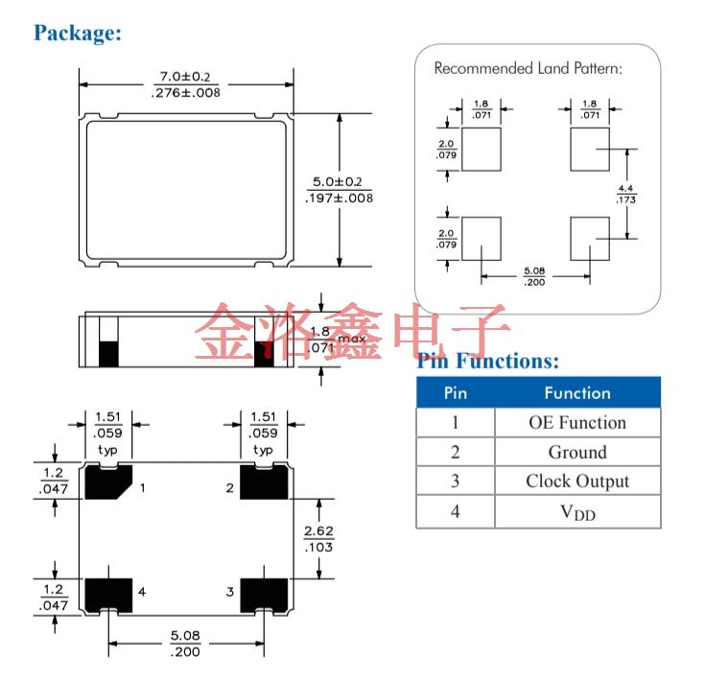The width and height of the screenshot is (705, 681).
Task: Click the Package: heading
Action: click(78, 33)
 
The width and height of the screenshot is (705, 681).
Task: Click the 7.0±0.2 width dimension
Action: click(186, 77)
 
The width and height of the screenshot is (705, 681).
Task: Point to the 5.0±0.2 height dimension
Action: click(339, 181)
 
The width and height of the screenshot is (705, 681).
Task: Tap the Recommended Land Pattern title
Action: click(529, 68)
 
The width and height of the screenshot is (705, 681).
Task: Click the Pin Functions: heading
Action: click(487, 361)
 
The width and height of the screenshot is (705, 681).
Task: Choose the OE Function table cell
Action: click(576, 422)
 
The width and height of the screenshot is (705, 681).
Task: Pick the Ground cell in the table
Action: click(576, 452)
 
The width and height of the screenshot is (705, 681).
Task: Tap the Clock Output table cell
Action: click(576, 481)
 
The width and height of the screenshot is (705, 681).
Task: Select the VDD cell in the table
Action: click(576, 512)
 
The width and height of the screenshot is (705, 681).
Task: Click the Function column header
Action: click(576, 392)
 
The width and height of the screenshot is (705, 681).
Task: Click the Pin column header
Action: click(455, 392)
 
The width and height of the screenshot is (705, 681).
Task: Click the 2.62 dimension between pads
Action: click(317, 539)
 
